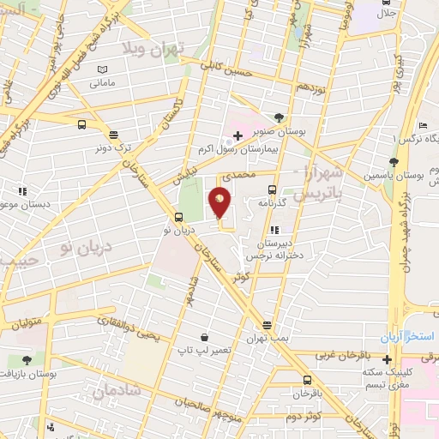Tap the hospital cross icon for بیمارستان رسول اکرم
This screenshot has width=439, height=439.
click(238, 135)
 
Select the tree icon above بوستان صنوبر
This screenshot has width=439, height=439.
click(280, 117)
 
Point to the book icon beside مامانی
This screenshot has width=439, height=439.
click(103, 69)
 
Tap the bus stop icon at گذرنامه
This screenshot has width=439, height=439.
click(272, 189)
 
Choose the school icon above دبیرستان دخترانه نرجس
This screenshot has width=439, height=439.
click(274, 230)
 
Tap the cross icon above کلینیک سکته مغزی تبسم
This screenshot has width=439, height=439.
click(388, 358)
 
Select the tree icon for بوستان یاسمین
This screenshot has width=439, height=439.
click(394, 161)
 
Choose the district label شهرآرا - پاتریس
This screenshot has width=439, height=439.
click(318, 183)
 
